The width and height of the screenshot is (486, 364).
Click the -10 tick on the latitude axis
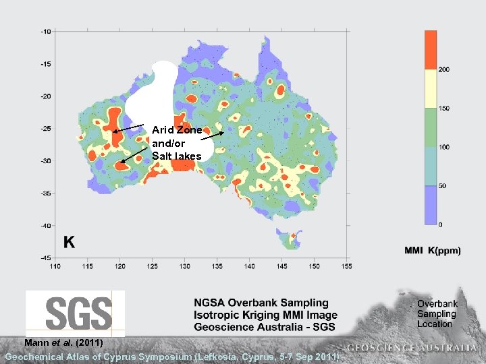point(45,31)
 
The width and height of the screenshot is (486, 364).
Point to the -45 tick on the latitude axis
point(45,257)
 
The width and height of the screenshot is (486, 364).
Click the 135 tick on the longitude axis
point(217,266)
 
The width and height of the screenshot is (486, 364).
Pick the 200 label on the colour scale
point(444,69)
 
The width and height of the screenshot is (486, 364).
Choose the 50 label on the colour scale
point(442,186)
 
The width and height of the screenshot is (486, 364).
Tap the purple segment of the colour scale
point(429,205)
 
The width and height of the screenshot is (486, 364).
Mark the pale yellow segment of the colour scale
point(429,88)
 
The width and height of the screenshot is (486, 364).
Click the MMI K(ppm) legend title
point(432,251)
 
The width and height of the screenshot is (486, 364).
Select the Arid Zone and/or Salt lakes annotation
point(177,143)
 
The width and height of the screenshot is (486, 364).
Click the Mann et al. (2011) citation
point(63,342)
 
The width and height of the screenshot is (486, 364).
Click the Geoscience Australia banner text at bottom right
point(411,348)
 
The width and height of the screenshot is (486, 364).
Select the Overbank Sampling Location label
point(437,314)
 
